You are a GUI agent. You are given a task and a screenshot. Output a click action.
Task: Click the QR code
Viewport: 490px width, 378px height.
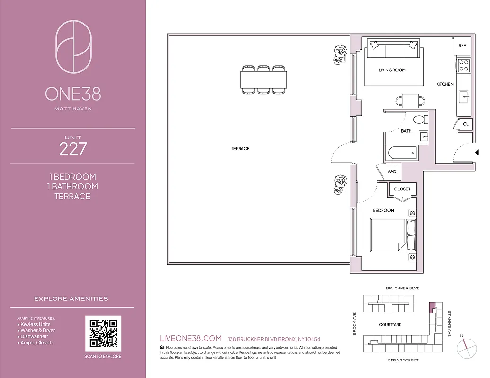(103, 333)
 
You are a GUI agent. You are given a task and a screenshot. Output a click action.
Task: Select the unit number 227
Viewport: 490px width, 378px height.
(73, 149)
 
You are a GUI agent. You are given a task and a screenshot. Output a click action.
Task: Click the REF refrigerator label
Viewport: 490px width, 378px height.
(462, 46)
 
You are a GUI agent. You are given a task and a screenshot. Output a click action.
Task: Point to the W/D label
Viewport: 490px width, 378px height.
(392, 172)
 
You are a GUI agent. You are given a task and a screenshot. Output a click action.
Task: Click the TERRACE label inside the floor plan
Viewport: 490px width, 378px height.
(240, 149)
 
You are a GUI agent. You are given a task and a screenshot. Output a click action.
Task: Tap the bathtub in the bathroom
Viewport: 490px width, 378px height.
(401, 153)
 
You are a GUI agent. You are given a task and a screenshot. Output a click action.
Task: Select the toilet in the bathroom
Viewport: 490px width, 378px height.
(419, 120)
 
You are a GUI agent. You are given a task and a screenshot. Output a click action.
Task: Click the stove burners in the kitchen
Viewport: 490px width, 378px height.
(464, 65)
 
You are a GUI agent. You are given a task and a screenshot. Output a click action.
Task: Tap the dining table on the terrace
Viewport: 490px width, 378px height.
(264, 79)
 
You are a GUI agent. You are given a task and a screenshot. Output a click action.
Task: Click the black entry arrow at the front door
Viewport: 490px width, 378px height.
(477, 152)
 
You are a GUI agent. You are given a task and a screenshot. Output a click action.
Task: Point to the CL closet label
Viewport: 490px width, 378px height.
(465, 124)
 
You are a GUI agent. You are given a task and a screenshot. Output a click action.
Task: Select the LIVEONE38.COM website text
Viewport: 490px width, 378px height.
(191, 338)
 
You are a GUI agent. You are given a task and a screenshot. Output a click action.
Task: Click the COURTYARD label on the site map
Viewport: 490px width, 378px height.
(390, 325)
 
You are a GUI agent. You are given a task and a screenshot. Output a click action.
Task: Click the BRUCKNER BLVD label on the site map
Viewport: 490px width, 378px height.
(402, 288)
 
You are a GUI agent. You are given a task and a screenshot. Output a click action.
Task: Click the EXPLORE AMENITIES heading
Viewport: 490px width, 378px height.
(71, 299)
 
